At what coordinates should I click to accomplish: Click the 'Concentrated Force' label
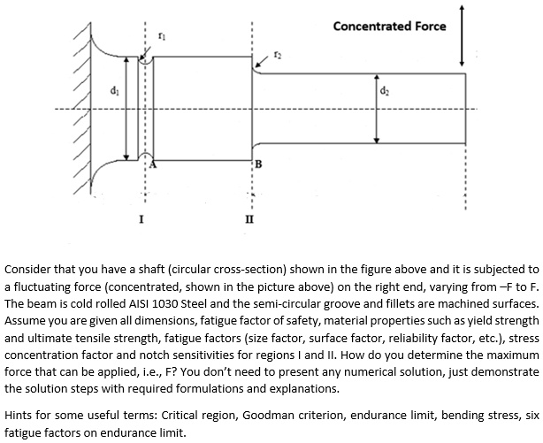click(x=389, y=26)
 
